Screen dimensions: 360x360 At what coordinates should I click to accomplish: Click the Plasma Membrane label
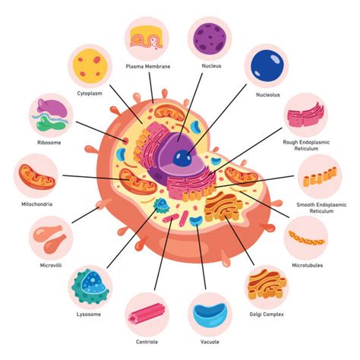147,66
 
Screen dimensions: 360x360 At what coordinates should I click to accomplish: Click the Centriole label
147,342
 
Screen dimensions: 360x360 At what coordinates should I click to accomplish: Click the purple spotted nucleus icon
210,39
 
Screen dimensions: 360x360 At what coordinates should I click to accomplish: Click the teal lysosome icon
90,286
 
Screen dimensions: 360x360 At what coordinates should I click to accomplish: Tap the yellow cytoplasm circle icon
90,68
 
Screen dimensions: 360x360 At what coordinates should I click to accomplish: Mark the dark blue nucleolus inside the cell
181,158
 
